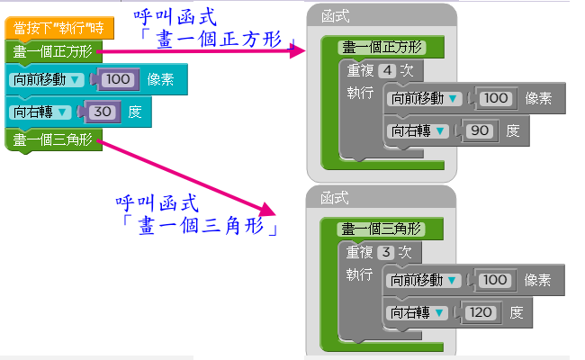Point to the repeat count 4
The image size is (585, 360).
pyautogui.click(x=387, y=71)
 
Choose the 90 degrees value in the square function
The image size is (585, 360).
pyautogui.click(x=480, y=131)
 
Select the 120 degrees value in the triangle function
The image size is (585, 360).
pyautogui.click(x=482, y=313)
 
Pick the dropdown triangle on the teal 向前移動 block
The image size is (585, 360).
pyautogui.click(x=75, y=80)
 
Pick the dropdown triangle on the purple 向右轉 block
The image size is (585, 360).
pyautogui.click(x=60, y=112)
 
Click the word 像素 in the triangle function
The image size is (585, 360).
pyautogui.click(x=538, y=280)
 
